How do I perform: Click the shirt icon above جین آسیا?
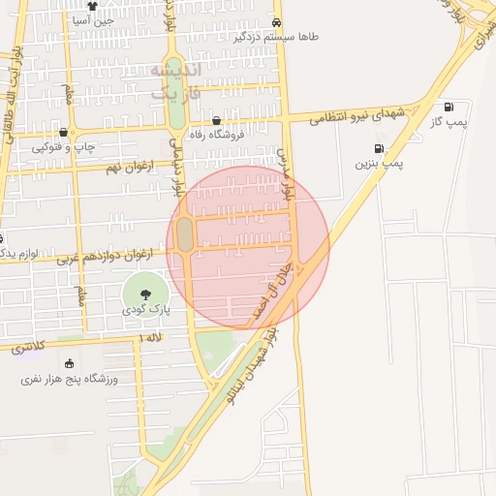click(x=92, y=5)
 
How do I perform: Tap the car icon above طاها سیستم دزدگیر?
click(x=278, y=22)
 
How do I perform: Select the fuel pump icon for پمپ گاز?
click(x=449, y=107)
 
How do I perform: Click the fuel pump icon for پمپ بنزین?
click(x=377, y=149)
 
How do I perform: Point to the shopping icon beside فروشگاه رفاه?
click(x=192, y=122)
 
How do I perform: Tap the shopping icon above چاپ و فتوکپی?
click(x=64, y=133)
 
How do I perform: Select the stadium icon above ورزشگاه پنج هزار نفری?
click(x=69, y=361)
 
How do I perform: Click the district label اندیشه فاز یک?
click(x=175, y=82)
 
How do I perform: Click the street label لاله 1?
click(x=150, y=337)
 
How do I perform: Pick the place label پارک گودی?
click(x=145, y=309)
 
